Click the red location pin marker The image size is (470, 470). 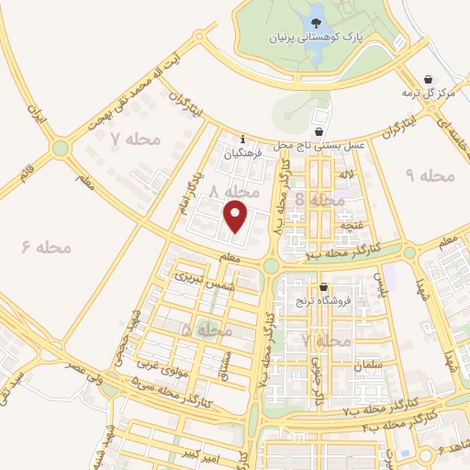[x=238, y=217]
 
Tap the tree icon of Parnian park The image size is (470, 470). [x=317, y=22]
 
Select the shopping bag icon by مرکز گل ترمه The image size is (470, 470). [x=426, y=80]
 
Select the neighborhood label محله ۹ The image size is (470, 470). [x=429, y=174]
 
